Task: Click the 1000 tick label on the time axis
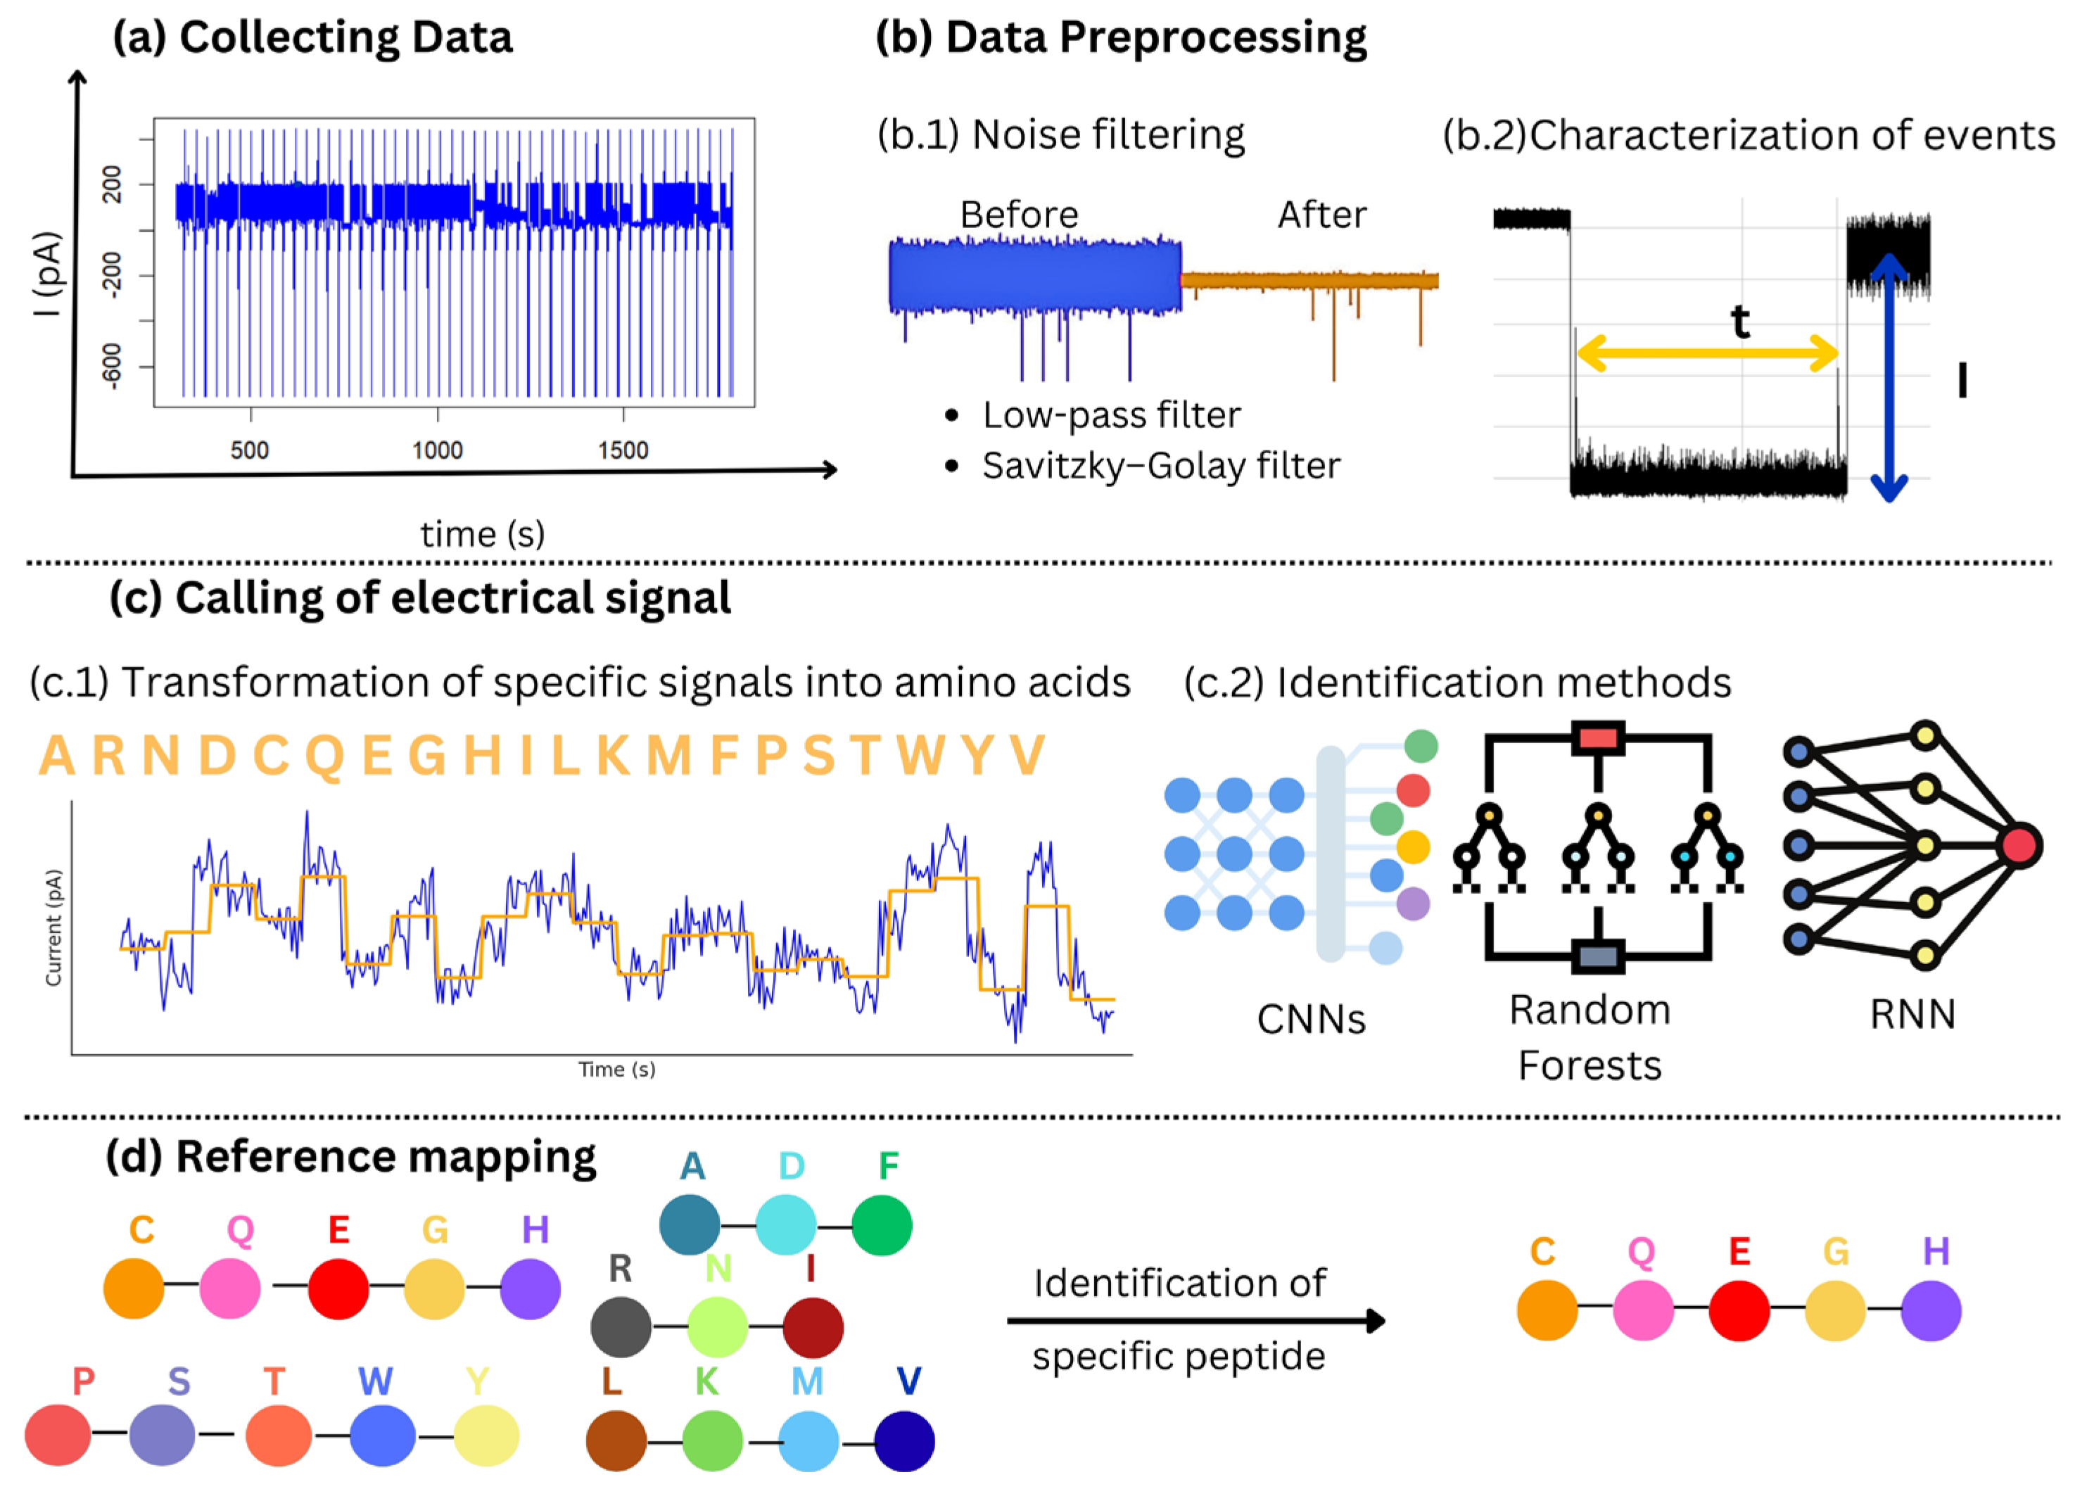(437, 450)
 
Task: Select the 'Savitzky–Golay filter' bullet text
(1160, 466)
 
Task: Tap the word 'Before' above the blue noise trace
(1019, 215)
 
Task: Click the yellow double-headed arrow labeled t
(1707, 353)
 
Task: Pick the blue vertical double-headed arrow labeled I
(1889, 377)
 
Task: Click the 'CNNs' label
(1312, 1020)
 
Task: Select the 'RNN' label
(1912, 1014)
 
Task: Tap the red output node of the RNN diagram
(2019, 846)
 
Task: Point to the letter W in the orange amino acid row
(921, 756)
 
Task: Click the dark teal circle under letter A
(690, 1225)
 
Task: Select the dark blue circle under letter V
(905, 1441)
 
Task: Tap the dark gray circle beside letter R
(621, 1327)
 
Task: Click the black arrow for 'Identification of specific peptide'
(1196, 1321)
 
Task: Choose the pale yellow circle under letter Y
(486, 1436)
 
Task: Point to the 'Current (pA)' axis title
(53, 927)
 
